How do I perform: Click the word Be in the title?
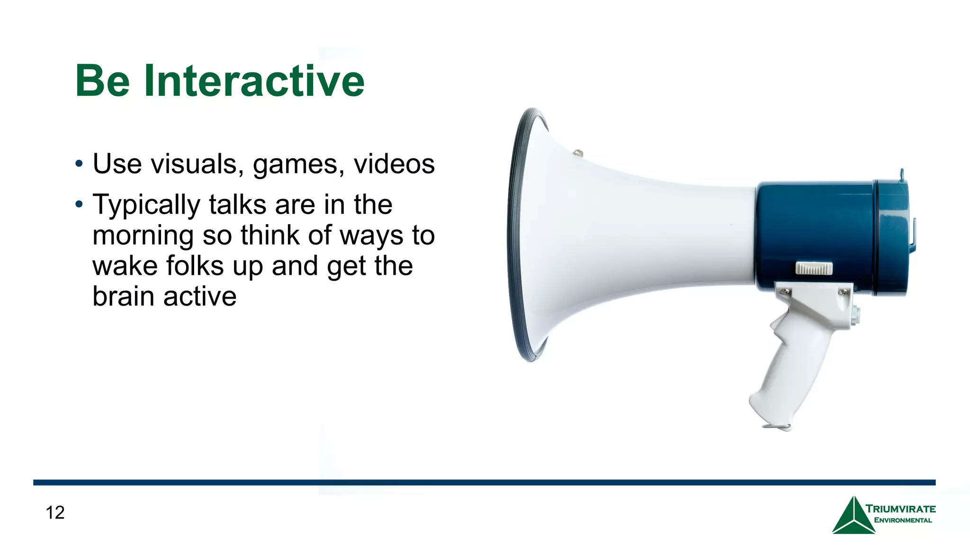[x=102, y=81]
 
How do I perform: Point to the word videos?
[x=394, y=164]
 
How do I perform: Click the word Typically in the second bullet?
[x=146, y=205]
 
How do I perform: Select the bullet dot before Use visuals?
[x=79, y=164]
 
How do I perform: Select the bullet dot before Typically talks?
[x=79, y=205]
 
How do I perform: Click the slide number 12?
[x=55, y=512]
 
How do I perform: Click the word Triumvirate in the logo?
[x=900, y=509]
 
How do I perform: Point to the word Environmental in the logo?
[x=903, y=520]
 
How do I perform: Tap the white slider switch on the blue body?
[x=814, y=268]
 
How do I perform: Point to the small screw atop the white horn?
[x=578, y=153]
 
